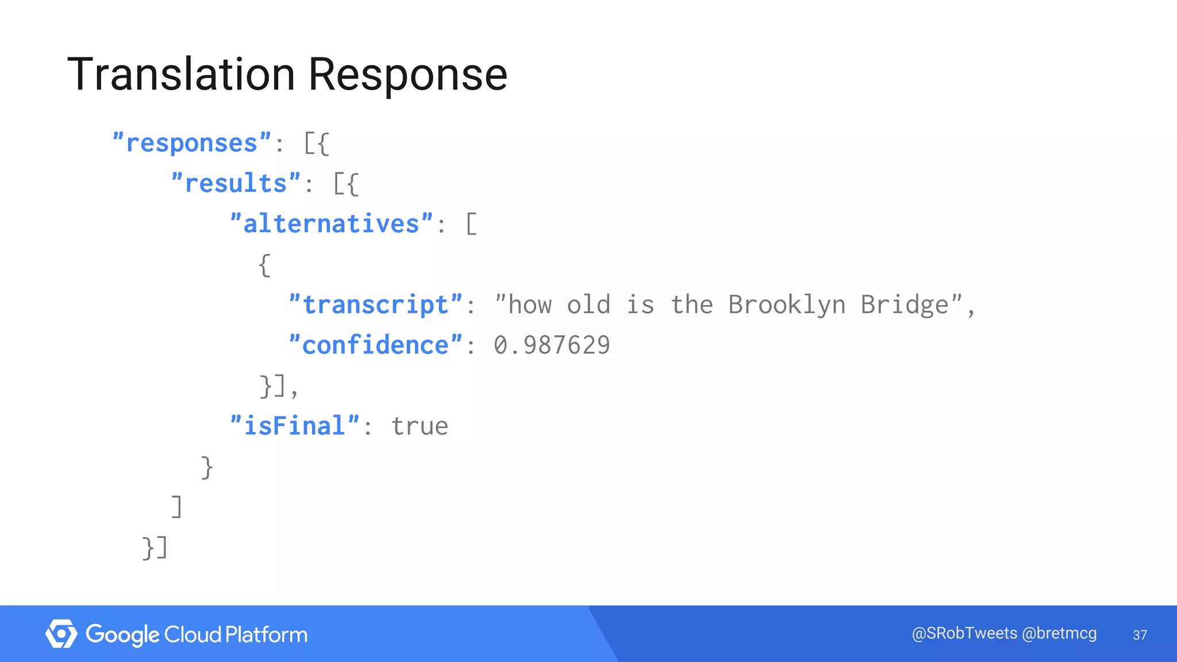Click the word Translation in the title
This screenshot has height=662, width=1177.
point(182,75)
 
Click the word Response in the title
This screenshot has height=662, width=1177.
point(408,75)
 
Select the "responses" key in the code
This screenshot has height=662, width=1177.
point(192,143)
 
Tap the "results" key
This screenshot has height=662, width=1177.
point(236,184)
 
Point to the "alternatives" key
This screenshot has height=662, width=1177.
point(332,224)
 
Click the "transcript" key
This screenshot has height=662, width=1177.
point(375,305)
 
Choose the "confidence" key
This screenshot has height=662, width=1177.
point(375,345)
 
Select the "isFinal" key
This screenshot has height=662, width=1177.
point(295,426)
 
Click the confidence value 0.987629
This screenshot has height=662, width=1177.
point(552,345)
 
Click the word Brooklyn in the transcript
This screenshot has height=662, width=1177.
point(787,305)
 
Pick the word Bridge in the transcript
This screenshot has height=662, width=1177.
point(905,305)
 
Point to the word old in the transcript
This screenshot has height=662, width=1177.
point(588,305)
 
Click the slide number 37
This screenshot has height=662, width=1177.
point(1140,635)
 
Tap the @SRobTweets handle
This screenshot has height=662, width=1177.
point(964,633)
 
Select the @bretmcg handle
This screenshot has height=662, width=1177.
point(1060,633)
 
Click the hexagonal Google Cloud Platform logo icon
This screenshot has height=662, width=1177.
point(61,634)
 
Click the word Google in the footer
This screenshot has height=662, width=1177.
point(122,634)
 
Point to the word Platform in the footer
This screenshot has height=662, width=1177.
point(266,634)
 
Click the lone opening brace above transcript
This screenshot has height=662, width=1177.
point(264,265)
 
